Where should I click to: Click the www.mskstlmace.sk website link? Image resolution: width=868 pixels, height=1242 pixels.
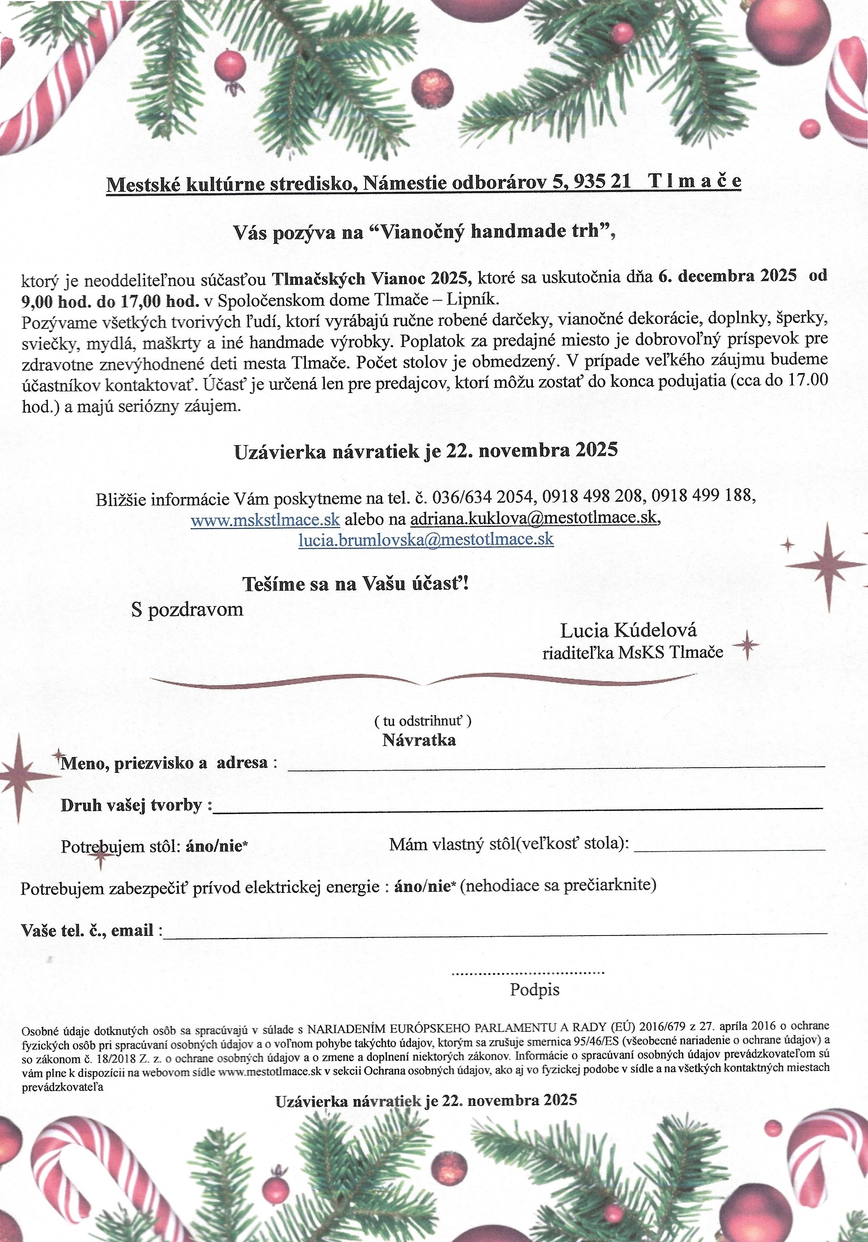[x=265, y=520]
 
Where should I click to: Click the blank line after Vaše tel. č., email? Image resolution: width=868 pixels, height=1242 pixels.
[x=495, y=933]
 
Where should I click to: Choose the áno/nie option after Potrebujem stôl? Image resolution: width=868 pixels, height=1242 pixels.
[x=216, y=846]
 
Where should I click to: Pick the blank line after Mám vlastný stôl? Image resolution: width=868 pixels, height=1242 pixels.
[x=729, y=850]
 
